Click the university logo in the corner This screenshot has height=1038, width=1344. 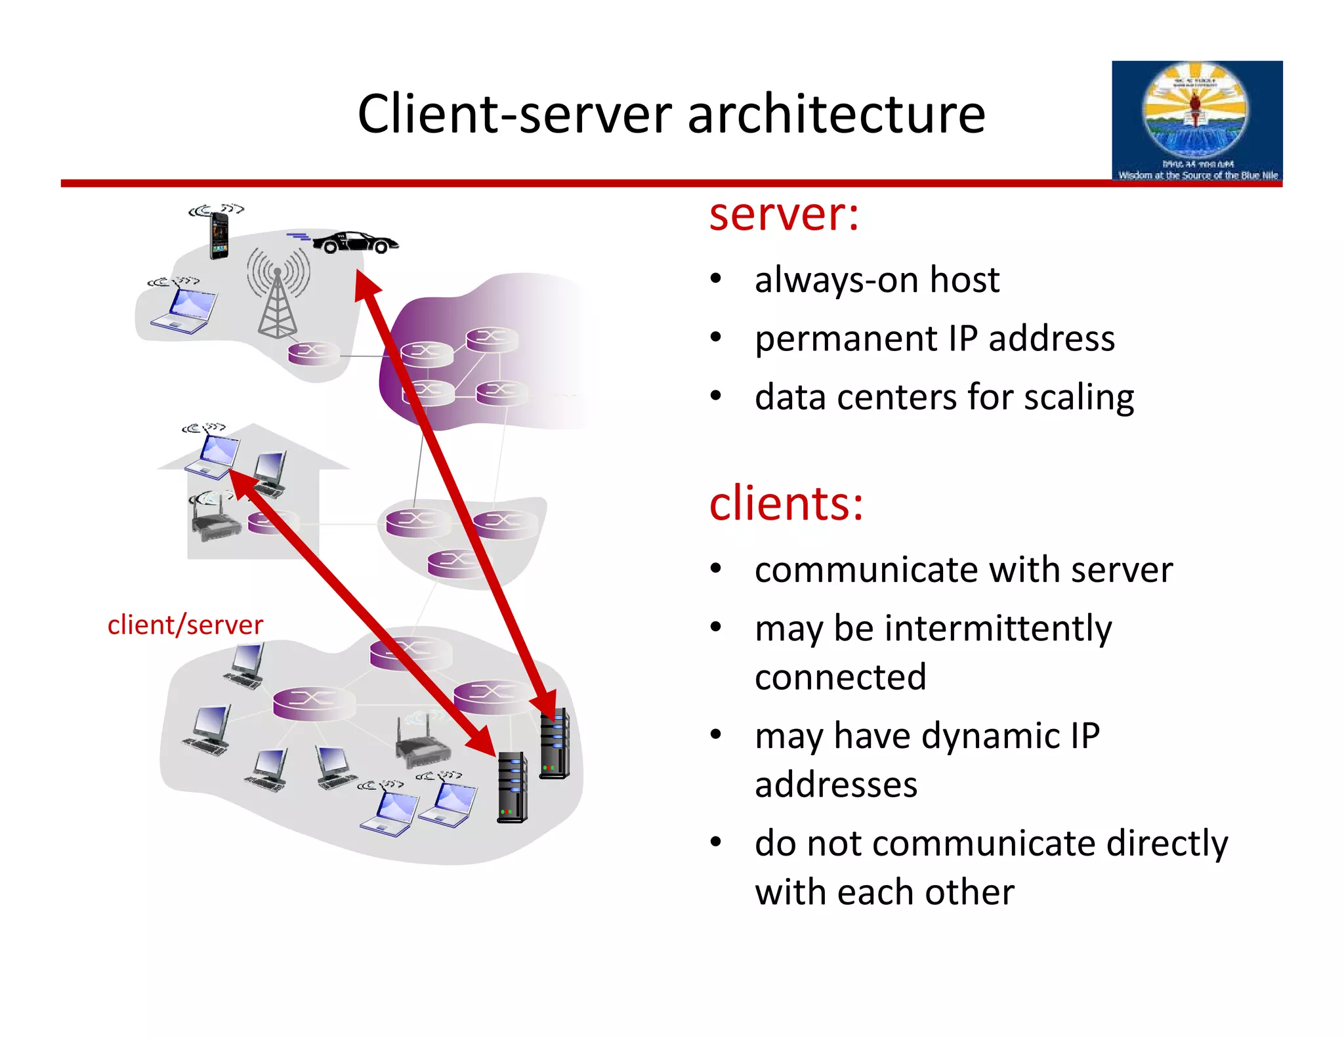tap(1196, 121)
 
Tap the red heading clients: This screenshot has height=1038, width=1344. tap(786, 504)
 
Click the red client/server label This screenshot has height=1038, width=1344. tap(185, 625)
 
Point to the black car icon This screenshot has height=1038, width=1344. tap(354, 242)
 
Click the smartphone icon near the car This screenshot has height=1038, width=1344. tap(219, 236)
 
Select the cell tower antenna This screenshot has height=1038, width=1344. tap(278, 295)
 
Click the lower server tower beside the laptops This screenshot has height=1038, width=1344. tap(513, 787)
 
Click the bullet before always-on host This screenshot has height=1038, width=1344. tap(716, 280)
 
